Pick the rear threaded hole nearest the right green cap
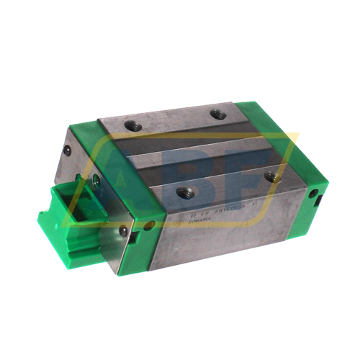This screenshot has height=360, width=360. click(x=217, y=113)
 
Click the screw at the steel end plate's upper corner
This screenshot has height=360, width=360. click(x=67, y=150)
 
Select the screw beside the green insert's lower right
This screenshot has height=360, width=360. click(x=123, y=230)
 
